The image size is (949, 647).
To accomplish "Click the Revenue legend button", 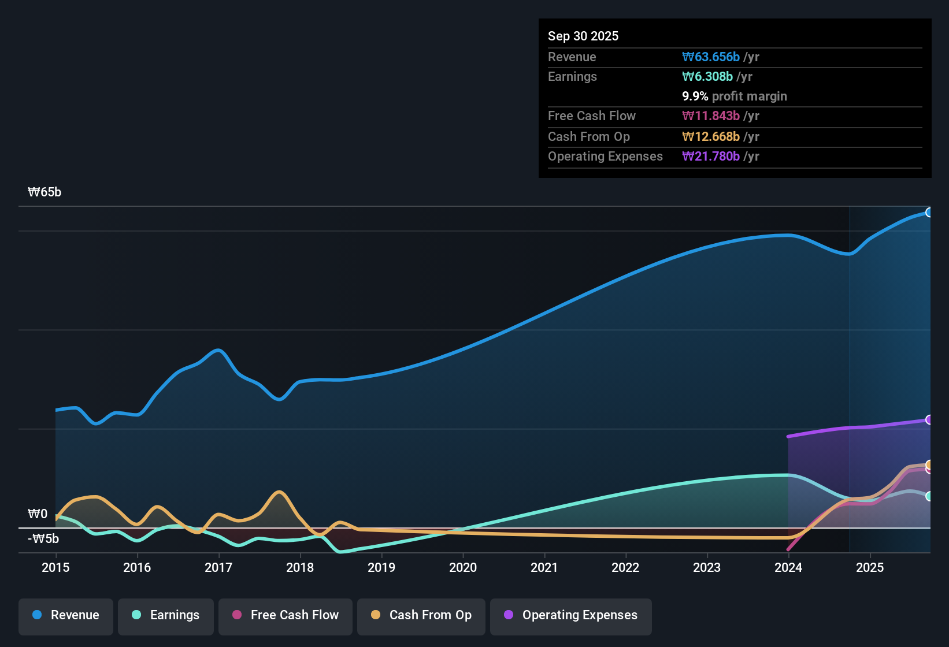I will [66, 615].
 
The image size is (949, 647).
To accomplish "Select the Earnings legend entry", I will [166, 615].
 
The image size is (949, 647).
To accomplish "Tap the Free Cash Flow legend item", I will [286, 615].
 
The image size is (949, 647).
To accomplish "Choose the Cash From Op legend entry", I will [421, 615].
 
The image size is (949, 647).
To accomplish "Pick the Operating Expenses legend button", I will [571, 615].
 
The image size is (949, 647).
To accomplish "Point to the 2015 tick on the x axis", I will [55, 567].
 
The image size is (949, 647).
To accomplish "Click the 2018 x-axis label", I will [300, 567].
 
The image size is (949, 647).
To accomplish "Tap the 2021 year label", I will [544, 567].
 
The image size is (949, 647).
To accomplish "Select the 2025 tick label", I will [870, 567].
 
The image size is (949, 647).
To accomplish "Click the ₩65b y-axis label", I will [45, 192].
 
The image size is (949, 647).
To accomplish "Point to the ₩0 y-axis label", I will [38, 514].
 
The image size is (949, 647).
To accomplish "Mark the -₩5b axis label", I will [43, 539].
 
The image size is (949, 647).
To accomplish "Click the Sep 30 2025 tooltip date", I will [583, 36].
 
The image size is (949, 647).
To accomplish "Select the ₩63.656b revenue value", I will [711, 57].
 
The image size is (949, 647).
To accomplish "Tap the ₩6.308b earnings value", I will [707, 77].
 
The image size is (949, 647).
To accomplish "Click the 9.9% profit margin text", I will [735, 96].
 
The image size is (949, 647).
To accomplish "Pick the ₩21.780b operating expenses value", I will [711, 157].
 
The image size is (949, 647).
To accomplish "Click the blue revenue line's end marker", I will [929, 213].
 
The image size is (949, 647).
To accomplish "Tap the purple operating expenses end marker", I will [929, 420].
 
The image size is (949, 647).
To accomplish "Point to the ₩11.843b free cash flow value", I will [711, 116].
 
